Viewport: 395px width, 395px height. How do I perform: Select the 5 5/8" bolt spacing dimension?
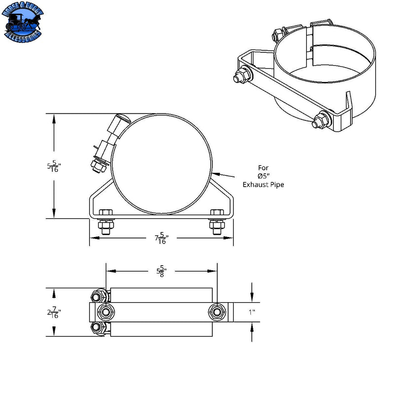click(161, 271)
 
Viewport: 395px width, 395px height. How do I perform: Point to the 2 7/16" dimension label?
click(53, 312)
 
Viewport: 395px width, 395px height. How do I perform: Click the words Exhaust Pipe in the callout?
click(263, 184)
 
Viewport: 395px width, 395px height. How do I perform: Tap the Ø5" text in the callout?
click(263, 176)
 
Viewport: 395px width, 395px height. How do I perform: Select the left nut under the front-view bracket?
click(105, 227)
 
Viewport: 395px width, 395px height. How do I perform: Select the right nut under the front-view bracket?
click(216, 227)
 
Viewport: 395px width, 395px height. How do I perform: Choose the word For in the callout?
click(263, 167)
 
